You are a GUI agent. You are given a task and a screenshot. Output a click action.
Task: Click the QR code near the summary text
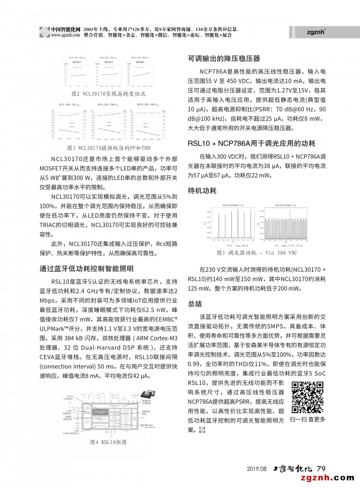click(307, 397)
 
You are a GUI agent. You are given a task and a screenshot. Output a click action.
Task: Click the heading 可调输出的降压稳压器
click(224, 58)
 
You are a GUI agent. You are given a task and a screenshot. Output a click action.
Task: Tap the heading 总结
click(195, 304)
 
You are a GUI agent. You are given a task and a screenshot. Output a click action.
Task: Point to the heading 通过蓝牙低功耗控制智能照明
click(86, 269)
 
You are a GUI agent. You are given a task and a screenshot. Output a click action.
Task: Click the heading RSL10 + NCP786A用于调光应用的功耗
click(251, 143)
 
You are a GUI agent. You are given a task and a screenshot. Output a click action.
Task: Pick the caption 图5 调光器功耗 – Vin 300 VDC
click(257, 253)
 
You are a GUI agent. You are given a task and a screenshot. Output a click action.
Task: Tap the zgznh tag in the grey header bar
click(317, 32)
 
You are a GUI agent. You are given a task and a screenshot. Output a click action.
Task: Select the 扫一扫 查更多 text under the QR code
click(307, 419)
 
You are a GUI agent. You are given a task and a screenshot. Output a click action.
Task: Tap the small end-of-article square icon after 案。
click(201, 430)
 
